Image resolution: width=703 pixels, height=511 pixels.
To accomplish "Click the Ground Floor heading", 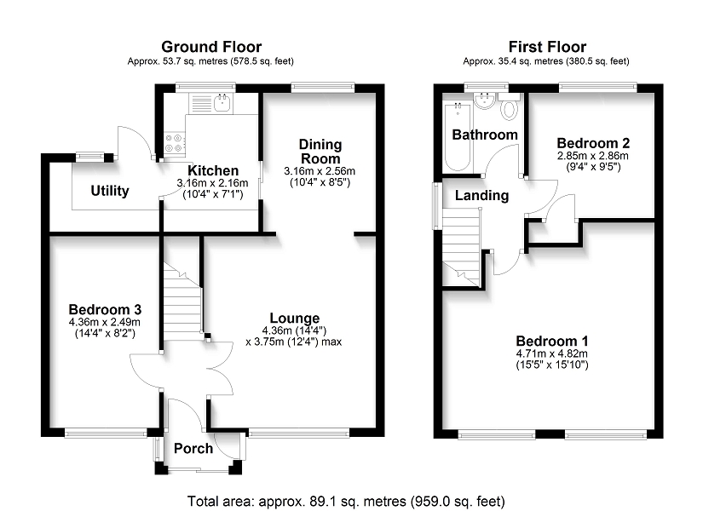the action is point(211,47).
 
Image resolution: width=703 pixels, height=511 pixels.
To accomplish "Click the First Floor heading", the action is point(547,47).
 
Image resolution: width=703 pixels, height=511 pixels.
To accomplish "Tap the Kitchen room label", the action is point(213,170).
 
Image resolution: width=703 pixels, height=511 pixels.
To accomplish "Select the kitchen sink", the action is point(222,103).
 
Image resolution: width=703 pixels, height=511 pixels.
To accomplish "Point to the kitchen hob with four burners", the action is point(175,142).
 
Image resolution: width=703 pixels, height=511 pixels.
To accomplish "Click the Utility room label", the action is point(110,191).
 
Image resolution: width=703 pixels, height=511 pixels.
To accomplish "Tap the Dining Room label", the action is point(320,152).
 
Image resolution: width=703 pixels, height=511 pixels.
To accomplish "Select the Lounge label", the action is point(295,319).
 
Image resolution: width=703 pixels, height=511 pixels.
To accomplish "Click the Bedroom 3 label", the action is point(105,309).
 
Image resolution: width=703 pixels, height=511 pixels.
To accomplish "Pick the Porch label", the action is point(193,448).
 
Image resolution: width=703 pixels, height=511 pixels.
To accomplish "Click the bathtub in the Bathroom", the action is point(458,136).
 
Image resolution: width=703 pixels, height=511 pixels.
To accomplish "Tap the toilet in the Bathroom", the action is point(509,106).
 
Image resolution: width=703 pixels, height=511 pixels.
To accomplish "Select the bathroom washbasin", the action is point(484,101).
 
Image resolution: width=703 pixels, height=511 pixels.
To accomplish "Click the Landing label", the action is point(482,195).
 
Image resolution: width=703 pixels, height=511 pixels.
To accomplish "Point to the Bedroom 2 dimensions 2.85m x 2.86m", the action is point(593,156).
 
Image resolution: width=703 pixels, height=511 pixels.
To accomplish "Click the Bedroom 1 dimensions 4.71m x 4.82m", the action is point(552,353).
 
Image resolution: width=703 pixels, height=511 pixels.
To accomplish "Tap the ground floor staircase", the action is point(182,297).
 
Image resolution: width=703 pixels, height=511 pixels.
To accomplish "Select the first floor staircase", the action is point(461,248).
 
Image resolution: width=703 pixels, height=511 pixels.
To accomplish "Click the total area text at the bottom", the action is point(346,501).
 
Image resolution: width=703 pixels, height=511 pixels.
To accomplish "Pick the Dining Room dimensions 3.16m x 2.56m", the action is point(320,171).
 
